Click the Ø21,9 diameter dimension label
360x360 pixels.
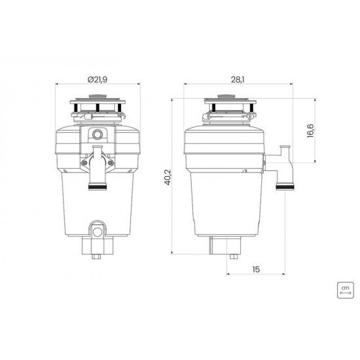(x=97, y=79)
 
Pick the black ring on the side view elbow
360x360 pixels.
(x=285, y=187)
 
